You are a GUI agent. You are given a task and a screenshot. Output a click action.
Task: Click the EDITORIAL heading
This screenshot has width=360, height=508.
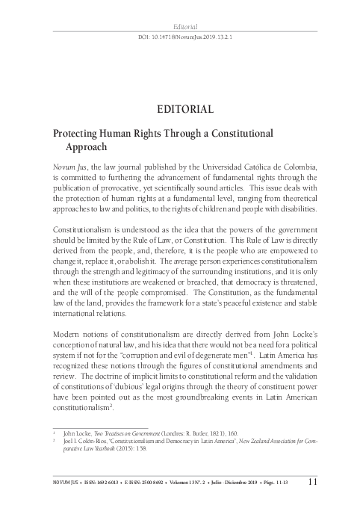click(x=180, y=109)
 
